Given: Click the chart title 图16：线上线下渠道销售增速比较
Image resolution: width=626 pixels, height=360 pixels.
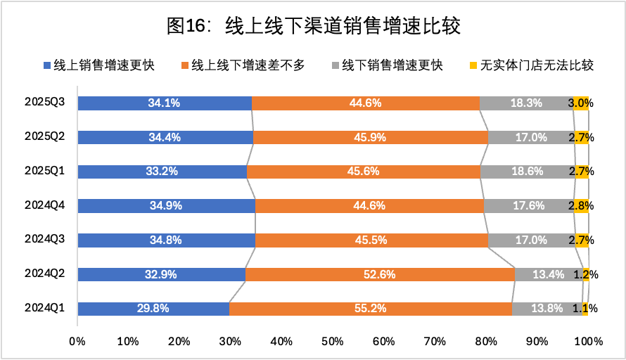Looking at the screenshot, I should pyautogui.click(x=314, y=27).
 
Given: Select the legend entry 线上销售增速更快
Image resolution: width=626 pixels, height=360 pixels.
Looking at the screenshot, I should pyautogui.click(x=98, y=66).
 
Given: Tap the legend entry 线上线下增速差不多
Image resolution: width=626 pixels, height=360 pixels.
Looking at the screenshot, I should pyautogui.click(x=243, y=66).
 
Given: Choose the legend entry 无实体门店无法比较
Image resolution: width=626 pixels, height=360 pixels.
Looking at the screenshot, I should pyautogui.click(x=531, y=66).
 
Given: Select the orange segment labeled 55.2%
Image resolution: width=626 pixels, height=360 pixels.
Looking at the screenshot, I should pyautogui.click(x=370, y=309).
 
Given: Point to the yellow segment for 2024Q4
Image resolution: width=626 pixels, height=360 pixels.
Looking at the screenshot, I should pyautogui.click(x=582, y=206).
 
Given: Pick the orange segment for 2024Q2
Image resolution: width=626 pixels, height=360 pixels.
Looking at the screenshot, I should pyautogui.click(x=380, y=274).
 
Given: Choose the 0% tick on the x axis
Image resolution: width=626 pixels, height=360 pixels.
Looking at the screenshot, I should pyautogui.click(x=77, y=342).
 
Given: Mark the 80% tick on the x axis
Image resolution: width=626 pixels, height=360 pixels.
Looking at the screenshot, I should pyautogui.click(x=486, y=342).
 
